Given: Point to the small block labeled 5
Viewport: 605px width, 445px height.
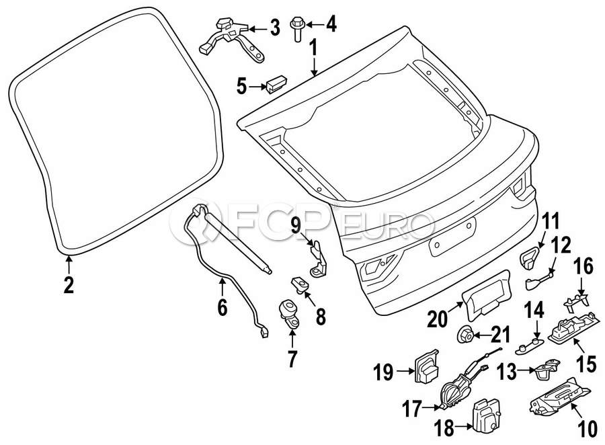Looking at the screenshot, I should point(276,85).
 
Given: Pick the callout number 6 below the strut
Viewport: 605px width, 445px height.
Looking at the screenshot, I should point(223,307).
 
